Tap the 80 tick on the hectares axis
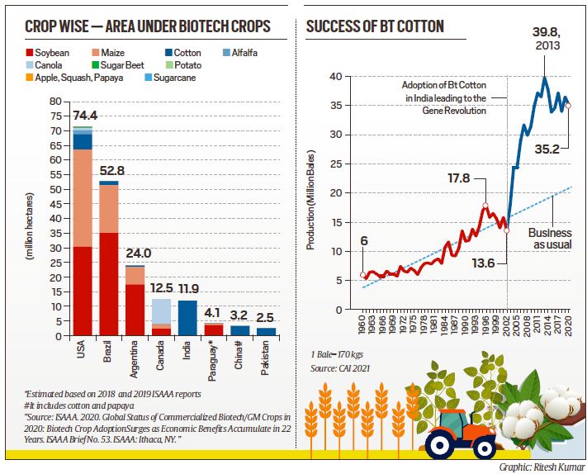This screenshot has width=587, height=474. click(55, 102)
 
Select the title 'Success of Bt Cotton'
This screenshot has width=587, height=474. click(374, 27)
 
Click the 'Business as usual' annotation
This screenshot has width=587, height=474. click(549, 239)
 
